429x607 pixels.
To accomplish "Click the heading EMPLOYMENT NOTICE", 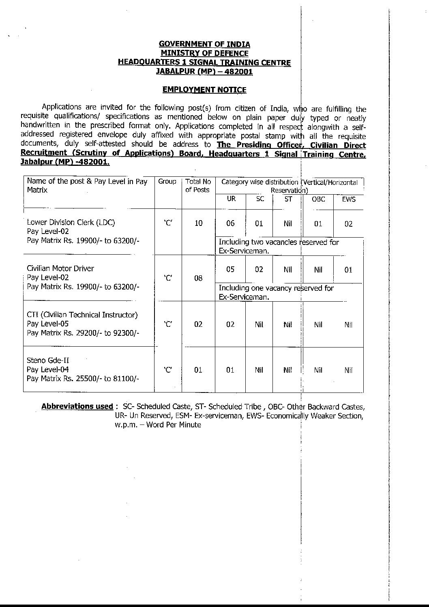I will click(204, 90).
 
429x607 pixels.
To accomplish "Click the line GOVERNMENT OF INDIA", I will click(204, 44).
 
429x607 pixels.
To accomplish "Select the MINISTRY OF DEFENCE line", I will click(204, 53).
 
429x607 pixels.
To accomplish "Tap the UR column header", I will click(231, 199).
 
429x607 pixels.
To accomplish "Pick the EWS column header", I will click(348, 199).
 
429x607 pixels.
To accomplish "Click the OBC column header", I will click(318, 199).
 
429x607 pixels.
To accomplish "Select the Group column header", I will click(167, 182).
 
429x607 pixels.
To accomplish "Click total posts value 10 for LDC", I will click(198, 223).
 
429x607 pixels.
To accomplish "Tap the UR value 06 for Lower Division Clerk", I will click(230, 223).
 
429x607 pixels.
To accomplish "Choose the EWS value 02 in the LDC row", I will click(348, 224).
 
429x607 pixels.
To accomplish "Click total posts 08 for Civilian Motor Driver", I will click(198, 278).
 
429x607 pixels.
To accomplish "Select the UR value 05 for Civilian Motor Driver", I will click(230, 269).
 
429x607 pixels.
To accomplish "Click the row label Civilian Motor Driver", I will click(60, 268).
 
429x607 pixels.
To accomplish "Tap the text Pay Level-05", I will click(48, 324).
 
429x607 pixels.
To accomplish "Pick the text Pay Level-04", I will click(48, 369).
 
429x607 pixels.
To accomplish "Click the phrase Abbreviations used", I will click(77, 406).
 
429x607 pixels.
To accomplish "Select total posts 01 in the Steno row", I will click(198, 370).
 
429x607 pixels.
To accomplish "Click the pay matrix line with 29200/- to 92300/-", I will click(83, 333).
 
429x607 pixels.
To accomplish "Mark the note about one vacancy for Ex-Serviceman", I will click(276, 292).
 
